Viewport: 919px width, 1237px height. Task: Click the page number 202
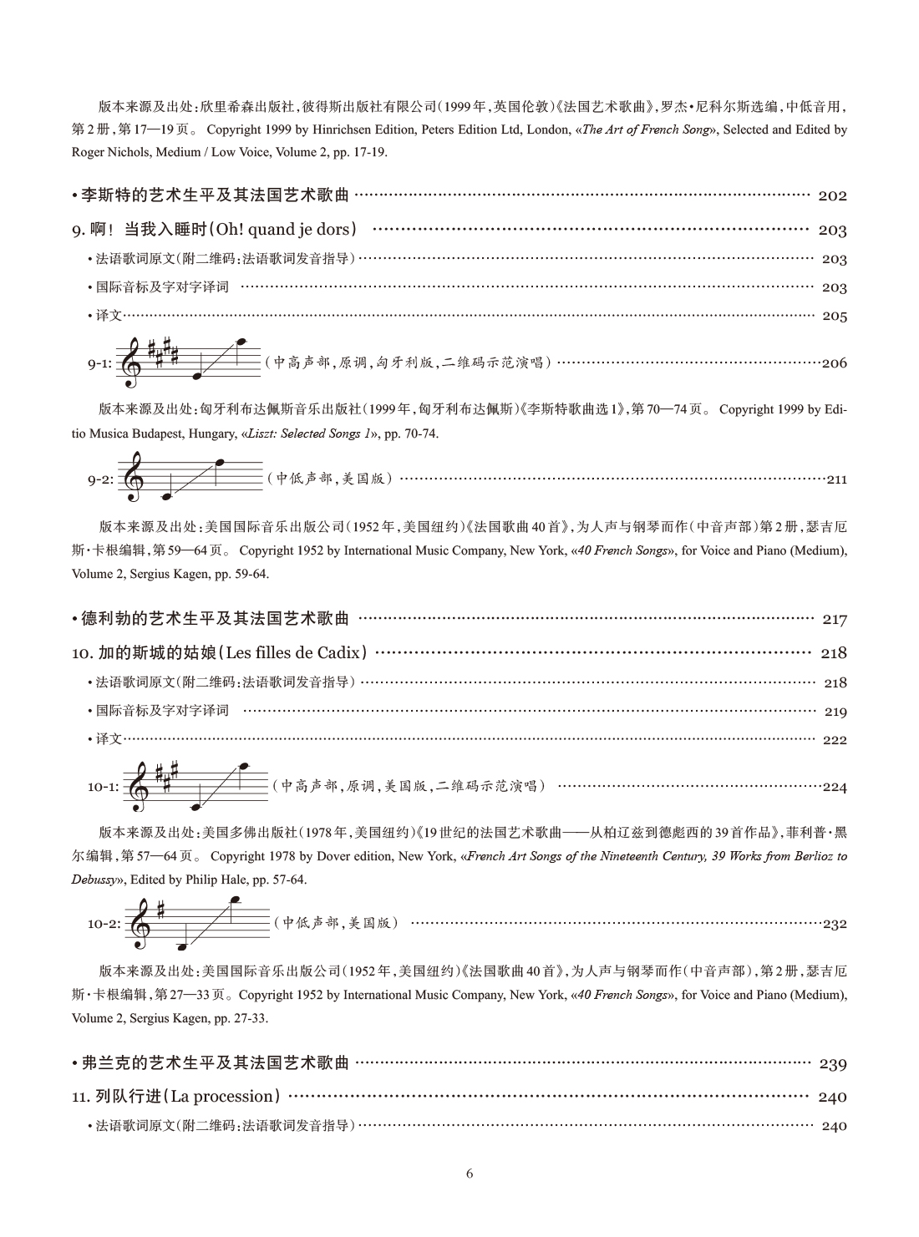[x=832, y=196]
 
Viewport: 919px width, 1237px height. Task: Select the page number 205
[x=834, y=317]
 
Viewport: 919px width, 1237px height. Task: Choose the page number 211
[x=836, y=480]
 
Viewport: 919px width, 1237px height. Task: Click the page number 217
[x=834, y=620]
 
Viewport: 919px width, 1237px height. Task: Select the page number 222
[x=835, y=740]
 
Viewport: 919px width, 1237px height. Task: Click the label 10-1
[x=104, y=787]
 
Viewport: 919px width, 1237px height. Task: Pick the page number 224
[x=835, y=787]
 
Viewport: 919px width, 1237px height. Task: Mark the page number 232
[x=835, y=925]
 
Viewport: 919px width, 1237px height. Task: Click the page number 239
[x=832, y=1064]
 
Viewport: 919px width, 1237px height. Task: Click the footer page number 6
[x=469, y=1174]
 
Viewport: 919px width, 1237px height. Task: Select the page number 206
[x=834, y=363]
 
